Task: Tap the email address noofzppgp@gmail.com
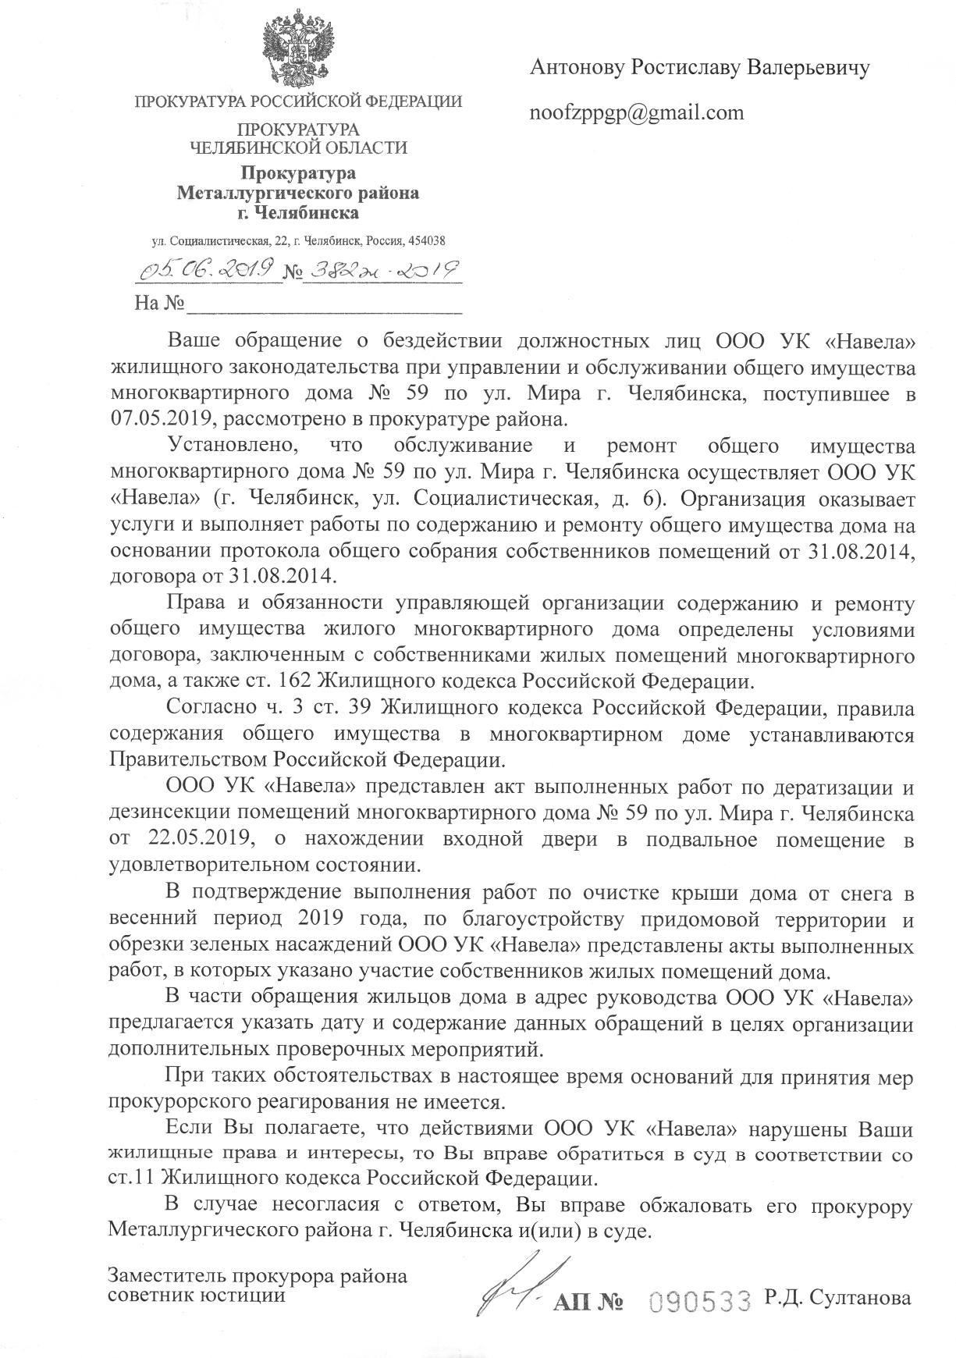pos(637,113)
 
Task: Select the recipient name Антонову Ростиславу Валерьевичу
pos(699,68)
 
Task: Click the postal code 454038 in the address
pos(428,242)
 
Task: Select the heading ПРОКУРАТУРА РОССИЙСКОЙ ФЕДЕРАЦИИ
pos(298,101)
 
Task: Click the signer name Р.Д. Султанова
pos(838,1297)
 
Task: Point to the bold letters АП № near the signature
pos(587,1301)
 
